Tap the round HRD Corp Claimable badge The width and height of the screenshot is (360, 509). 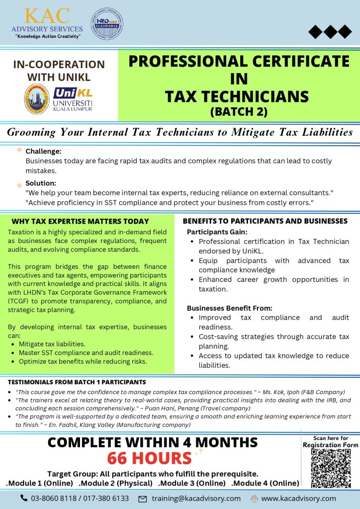[107, 24]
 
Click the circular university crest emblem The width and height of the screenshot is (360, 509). [37, 98]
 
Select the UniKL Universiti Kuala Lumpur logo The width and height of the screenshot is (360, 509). [73, 99]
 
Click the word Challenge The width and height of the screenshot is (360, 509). [43, 151]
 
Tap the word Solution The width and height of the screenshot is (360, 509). [41, 183]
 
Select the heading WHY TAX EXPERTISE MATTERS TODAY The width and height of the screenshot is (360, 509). [80, 221]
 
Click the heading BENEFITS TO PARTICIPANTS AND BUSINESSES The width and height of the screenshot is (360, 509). [265, 221]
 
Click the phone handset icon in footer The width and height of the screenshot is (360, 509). [24, 498]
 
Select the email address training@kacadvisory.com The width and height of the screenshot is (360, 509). [196, 498]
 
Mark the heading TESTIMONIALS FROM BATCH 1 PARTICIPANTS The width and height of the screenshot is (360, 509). [77, 382]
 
